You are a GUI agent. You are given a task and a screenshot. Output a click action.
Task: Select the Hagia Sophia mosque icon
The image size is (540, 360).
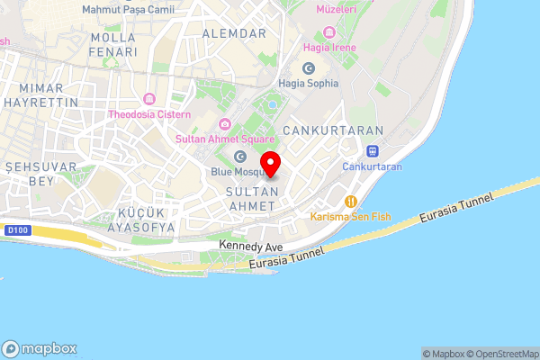coord(309,68)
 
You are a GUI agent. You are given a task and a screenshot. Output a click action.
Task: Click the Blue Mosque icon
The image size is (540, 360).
coord(240,157)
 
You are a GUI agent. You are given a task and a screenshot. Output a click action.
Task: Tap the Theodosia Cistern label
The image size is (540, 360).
coord(149,114)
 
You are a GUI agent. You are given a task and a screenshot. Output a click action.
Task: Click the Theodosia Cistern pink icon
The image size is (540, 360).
coord(149,99)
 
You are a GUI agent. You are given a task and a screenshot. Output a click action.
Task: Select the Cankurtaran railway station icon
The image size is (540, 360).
coord(372,151)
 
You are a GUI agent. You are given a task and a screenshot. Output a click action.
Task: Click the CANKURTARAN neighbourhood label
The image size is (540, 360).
coord(334,130)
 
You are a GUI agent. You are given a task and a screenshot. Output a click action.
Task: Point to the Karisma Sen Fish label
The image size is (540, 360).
coord(352,218)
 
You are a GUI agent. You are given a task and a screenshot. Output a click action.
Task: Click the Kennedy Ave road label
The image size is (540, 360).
coord(251,246)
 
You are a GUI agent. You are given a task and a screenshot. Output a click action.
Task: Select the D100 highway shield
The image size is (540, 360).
coord(13,230)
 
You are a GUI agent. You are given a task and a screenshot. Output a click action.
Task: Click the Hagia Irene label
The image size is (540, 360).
coord(330,47)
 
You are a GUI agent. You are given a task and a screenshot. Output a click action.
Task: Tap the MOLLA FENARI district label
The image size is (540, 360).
coord(112,45)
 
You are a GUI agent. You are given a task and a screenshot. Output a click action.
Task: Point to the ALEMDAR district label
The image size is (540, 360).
coord(235,33)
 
